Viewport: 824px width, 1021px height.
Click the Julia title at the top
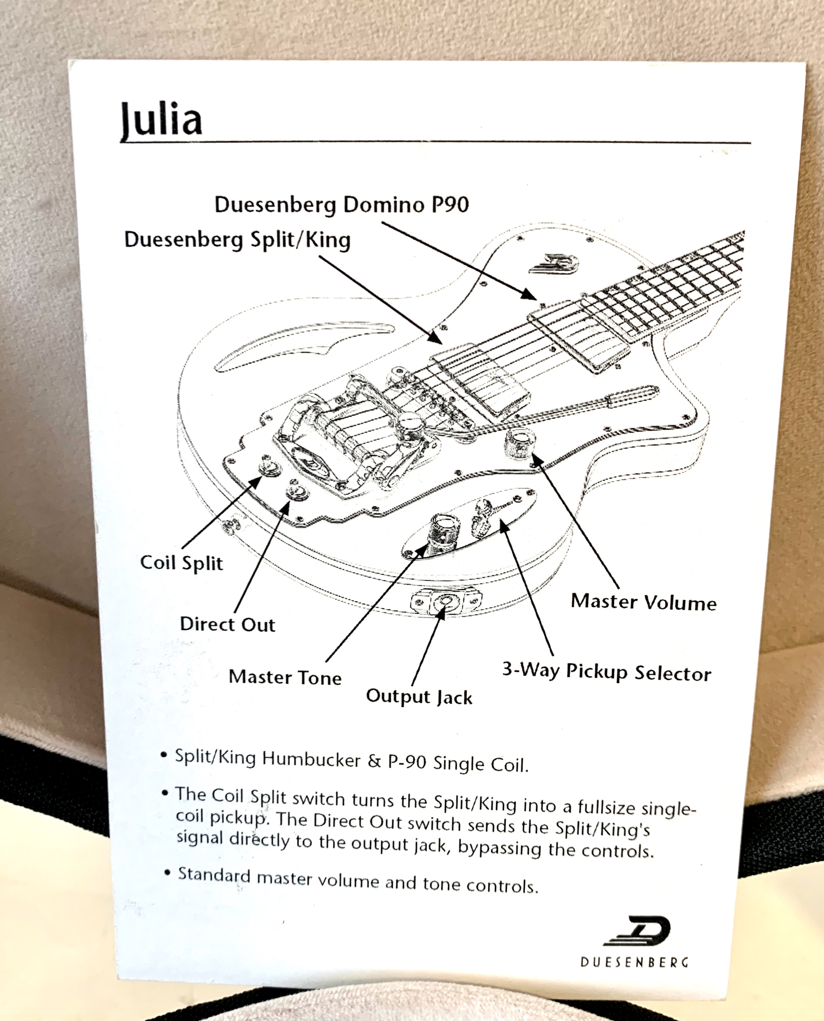click(161, 119)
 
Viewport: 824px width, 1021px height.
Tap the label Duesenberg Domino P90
click(342, 205)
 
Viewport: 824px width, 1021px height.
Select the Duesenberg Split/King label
click(237, 239)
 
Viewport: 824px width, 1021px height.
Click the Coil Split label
click(181, 563)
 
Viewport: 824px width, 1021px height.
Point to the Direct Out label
click(227, 624)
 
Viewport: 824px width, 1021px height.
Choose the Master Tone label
click(285, 677)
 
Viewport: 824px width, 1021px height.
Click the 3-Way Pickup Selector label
click(607, 672)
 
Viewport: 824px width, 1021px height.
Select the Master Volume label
click(643, 602)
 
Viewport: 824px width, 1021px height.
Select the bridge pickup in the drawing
click(479, 384)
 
